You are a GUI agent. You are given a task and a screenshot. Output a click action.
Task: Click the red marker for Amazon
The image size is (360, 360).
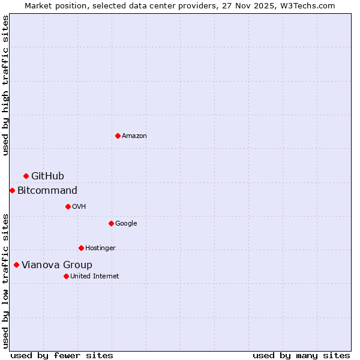118,136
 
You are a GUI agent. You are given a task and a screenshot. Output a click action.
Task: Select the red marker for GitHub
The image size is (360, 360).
26,176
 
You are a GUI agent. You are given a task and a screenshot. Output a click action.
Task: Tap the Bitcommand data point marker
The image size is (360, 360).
12,190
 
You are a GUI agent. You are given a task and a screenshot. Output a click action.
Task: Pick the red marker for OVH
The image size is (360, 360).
68,206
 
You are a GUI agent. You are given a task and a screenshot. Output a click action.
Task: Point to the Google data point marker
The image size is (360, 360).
111,223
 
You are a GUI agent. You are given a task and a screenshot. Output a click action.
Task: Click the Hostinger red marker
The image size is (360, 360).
81,248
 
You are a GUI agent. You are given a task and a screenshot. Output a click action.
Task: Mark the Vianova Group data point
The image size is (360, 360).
16,265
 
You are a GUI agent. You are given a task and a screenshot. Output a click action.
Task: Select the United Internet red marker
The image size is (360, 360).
66,276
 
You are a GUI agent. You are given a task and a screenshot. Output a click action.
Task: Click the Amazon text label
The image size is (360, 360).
134,136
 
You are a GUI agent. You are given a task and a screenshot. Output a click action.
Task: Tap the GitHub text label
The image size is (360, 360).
47,176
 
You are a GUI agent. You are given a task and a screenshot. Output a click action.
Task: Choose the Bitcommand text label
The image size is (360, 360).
47,191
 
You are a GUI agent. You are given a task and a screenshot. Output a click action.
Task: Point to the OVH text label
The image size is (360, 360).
79,207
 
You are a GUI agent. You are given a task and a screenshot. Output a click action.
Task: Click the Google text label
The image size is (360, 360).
126,224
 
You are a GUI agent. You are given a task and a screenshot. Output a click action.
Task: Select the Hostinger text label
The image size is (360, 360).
100,248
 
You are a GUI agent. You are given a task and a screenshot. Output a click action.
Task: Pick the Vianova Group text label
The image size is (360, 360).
57,265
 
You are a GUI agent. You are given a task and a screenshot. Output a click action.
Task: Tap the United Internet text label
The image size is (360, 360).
94,277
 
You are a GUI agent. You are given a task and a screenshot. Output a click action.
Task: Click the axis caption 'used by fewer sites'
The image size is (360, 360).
62,355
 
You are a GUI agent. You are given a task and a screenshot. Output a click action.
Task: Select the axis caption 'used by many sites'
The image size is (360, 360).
301,355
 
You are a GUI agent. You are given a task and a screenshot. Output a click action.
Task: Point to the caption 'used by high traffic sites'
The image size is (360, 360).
5,85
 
